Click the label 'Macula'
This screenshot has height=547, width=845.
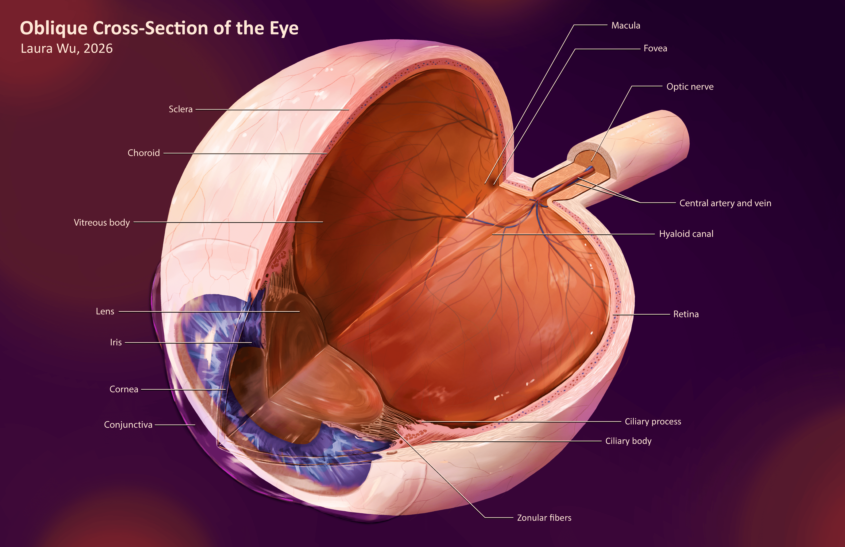click(x=626, y=26)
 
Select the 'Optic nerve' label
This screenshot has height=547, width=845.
click(x=690, y=87)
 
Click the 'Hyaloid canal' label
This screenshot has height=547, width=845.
click(x=686, y=234)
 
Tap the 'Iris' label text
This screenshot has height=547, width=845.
click(x=116, y=342)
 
